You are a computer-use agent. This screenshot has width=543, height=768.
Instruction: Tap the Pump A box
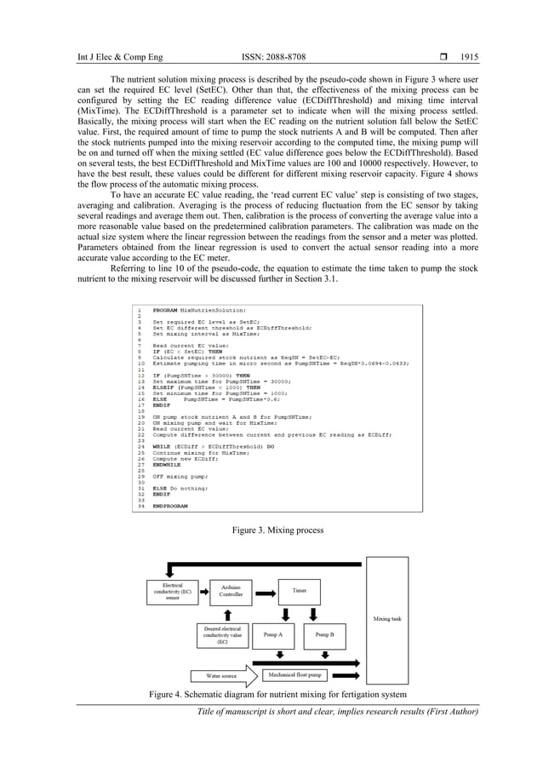click(x=272, y=635)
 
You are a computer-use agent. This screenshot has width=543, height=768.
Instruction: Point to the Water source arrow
click(x=220, y=675)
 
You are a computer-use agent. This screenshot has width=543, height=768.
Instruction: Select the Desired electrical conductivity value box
click(x=223, y=635)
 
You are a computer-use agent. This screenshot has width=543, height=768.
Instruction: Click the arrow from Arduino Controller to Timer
click(x=266, y=589)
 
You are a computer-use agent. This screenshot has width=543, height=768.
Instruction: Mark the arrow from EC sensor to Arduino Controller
click(x=201, y=591)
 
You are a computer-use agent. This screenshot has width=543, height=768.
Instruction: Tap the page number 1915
click(x=470, y=58)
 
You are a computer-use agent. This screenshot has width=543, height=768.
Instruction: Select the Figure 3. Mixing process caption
click(x=271, y=530)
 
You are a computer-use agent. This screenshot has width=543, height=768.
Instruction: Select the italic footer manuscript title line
click(x=338, y=712)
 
